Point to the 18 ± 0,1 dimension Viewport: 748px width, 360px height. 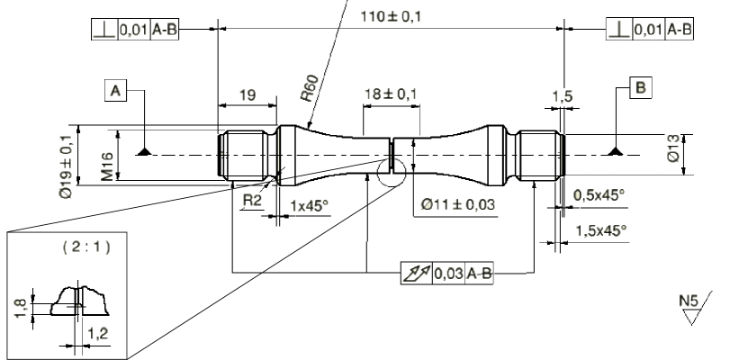click(390, 94)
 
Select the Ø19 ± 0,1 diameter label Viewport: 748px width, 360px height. click(66, 165)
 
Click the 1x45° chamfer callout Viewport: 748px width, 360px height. click(310, 205)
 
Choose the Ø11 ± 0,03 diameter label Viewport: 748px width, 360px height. click(458, 205)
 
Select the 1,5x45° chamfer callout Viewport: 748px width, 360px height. click(599, 230)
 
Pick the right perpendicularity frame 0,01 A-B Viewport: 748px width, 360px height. click(650, 30)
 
